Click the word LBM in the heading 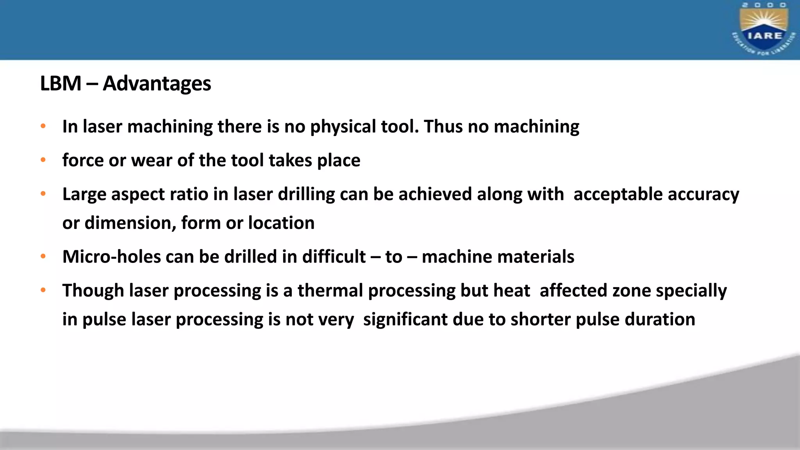point(61,84)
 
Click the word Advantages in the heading point(157,84)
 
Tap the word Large point(84,194)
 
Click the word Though point(93,291)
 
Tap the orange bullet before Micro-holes point(43,257)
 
